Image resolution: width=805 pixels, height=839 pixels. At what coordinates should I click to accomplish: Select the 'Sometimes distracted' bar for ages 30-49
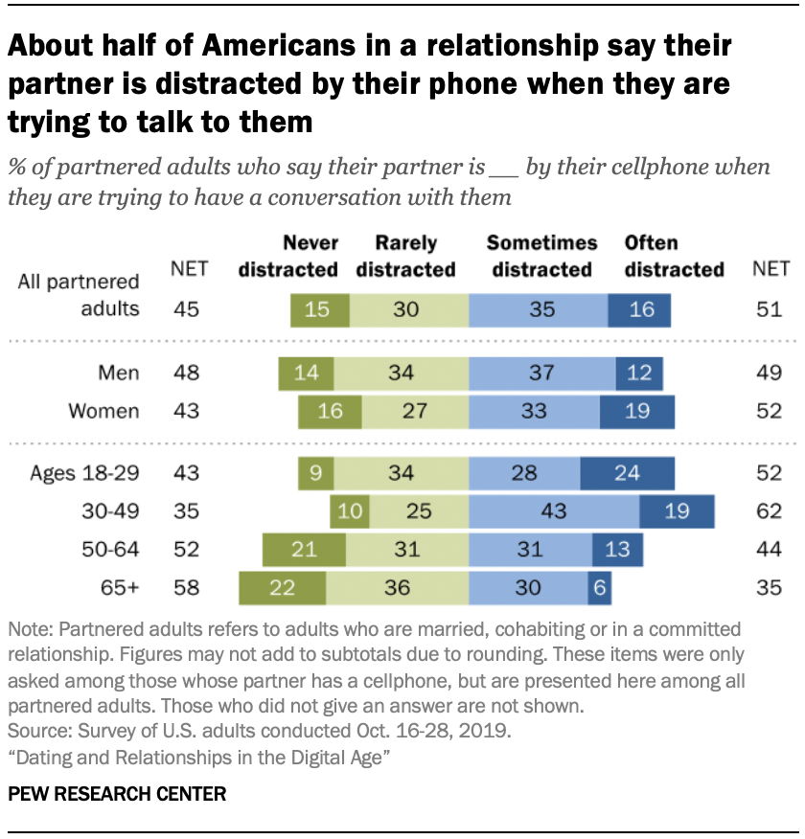tap(554, 511)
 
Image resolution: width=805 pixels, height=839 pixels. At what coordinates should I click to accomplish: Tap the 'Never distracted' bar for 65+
tap(282, 588)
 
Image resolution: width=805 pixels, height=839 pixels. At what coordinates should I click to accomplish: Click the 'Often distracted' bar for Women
tap(636, 412)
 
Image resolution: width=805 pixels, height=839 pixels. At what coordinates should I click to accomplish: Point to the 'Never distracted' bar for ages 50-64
tap(304, 550)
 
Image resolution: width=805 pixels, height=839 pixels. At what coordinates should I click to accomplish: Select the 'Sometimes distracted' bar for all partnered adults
tap(538, 310)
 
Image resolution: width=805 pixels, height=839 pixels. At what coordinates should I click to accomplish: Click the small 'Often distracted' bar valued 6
tap(599, 588)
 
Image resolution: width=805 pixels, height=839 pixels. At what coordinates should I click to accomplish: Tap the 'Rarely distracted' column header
tap(405, 256)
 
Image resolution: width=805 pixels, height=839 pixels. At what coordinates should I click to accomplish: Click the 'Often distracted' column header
tap(674, 256)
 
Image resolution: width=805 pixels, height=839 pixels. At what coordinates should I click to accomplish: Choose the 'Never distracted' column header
tap(288, 256)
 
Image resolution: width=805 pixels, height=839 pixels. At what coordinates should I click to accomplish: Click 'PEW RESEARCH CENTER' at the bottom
tap(118, 794)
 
